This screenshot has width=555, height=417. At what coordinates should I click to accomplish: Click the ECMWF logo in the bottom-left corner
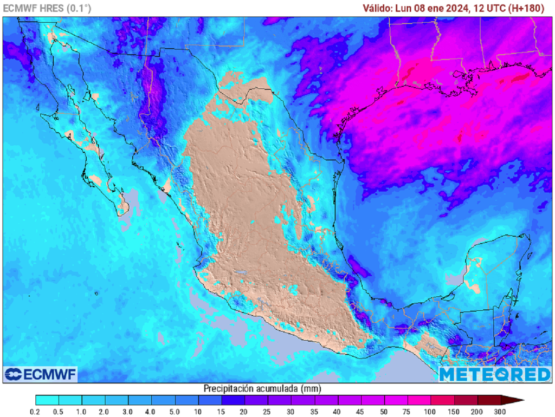pyautogui.click(x=41, y=374)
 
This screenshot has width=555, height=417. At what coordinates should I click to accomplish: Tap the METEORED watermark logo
pyautogui.click(x=494, y=374)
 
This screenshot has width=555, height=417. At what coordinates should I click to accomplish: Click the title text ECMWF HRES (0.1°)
pyautogui.click(x=47, y=8)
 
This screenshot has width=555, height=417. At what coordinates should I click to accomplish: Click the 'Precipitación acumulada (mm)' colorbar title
pyautogui.click(x=262, y=388)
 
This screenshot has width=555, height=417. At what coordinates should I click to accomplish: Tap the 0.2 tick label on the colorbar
pyautogui.click(x=36, y=412)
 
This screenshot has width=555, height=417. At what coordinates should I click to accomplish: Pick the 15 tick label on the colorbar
pyautogui.click(x=222, y=412)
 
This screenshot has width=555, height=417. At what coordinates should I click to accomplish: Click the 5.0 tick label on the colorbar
pyautogui.click(x=175, y=412)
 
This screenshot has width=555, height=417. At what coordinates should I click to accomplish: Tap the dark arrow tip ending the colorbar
pyautogui.click(x=515, y=400)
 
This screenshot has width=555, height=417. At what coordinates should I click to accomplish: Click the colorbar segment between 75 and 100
pyautogui.click(x=419, y=400)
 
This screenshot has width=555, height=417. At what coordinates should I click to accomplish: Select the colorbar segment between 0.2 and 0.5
pyautogui.click(x=47, y=400)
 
